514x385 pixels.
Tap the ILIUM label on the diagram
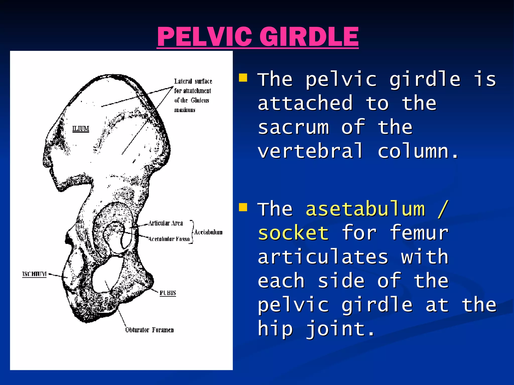(x=81, y=129)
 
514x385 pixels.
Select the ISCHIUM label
(x=34, y=274)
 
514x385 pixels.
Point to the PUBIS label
(x=168, y=293)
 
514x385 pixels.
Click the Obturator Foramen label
(x=149, y=330)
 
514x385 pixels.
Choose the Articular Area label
(x=165, y=223)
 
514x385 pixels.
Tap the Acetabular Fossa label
(x=169, y=239)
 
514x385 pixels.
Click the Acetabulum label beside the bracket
(x=208, y=232)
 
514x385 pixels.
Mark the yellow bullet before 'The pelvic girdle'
(x=243, y=78)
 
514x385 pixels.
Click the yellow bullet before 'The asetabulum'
(x=243, y=207)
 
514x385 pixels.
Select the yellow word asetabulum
(x=365, y=209)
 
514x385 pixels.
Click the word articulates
(x=323, y=257)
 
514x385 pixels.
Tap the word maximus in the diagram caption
(x=185, y=110)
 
